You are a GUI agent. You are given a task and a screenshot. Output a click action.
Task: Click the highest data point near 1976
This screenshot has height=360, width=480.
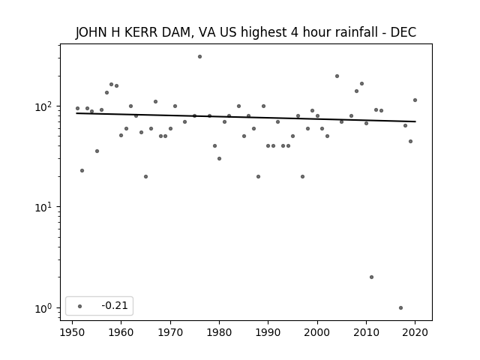pyautogui.click(x=199, y=57)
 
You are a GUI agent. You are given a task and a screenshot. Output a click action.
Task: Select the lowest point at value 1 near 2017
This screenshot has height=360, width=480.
pyautogui.click(x=400, y=308)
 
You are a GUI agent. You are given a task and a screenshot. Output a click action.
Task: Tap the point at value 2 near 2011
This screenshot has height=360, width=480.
pyautogui.click(x=371, y=277)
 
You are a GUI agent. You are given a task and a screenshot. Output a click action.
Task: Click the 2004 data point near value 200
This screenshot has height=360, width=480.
pyautogui.click(x=337, y=76)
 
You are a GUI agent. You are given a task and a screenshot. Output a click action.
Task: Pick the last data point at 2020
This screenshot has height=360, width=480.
pyautogui.click(x=415, y=100)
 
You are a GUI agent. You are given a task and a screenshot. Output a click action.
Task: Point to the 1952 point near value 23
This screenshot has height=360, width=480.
pyautogui.click(x=82, y=170)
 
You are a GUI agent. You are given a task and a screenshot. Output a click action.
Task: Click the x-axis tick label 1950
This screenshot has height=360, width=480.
pyautogui.click(x=72, y=333)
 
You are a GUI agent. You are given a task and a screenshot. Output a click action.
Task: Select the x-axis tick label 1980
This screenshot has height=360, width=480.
pyautogui.click(x=219, y=333)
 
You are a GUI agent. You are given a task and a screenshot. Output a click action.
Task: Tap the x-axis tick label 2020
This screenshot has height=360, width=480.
pyautogui.click(x=415, y=333)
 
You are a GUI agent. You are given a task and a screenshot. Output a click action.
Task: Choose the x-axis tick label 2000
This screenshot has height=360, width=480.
pyautogui.click(x=317, y=333)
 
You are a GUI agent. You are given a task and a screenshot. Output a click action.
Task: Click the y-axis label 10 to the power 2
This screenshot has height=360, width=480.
pyautogui.click(x=45, y=106)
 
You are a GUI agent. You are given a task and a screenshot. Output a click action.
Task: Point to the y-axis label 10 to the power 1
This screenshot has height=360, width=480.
pyautogui.click(x=45, y=207)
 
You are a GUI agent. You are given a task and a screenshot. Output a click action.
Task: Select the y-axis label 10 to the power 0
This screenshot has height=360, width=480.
pyautogui.click(x=45, y=308)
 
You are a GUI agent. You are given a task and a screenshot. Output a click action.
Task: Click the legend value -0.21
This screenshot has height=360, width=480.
pyautogui.click(x=115, y=305)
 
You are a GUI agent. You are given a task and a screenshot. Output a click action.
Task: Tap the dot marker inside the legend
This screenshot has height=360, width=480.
pyautogui.click(x=80, y=306)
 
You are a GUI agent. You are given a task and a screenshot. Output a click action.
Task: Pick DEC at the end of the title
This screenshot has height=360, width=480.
pyautogui.click(x=403, y=32)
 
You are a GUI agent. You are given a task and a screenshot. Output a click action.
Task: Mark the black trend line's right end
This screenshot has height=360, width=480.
pyautogui.click(x=415, y=121)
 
